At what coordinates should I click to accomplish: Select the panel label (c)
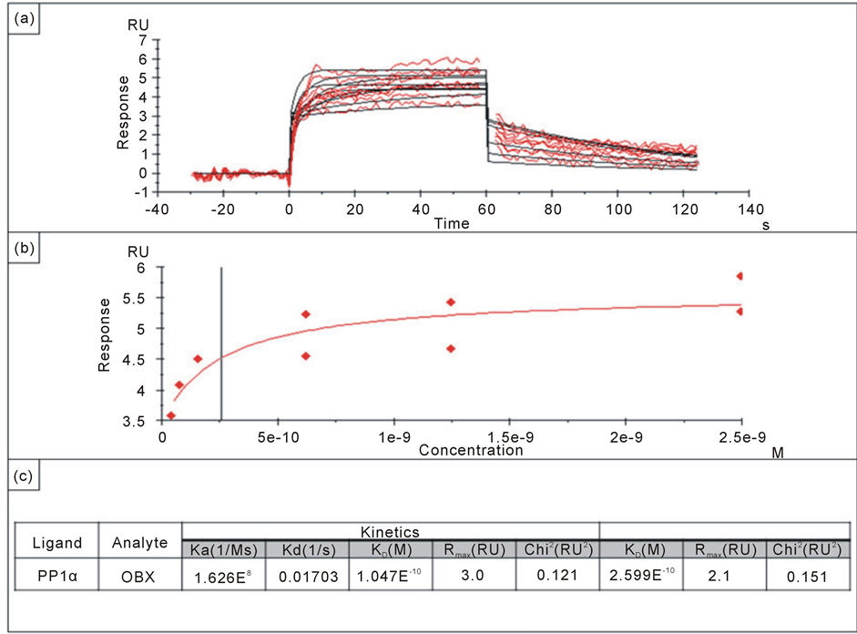(21, 475)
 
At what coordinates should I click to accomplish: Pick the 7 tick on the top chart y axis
(142, 41)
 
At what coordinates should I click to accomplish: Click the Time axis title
(451, 223)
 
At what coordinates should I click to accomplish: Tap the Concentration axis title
(471, 450)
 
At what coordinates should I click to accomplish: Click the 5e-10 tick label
(279, 437)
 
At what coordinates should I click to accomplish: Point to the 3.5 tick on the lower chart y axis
(134, 422)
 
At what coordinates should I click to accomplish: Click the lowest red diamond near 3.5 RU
(171, 415)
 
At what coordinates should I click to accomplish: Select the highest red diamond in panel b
(740, 276)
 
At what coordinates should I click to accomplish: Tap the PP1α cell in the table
(57, 577)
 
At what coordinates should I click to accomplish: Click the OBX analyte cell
(139, 577)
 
